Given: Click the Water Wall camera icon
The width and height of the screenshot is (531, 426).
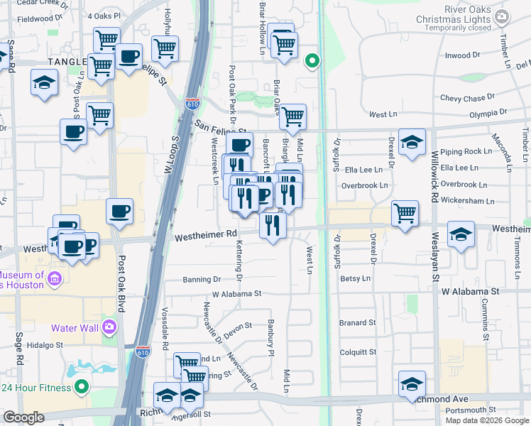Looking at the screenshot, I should (109, 327).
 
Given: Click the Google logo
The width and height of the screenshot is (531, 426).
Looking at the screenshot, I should (23, 417).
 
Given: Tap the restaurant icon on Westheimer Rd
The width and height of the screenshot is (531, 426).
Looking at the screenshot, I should (273, 226).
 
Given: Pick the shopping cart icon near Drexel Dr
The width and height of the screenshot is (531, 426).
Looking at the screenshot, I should (404, 212).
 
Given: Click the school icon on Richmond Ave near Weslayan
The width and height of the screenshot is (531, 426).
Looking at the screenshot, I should (412, 384).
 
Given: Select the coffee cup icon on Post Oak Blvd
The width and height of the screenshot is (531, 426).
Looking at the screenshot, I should (119, 211).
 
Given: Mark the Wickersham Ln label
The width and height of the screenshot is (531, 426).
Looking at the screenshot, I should (466, 201).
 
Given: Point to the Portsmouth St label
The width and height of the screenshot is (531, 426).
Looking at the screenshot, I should (471, 410).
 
